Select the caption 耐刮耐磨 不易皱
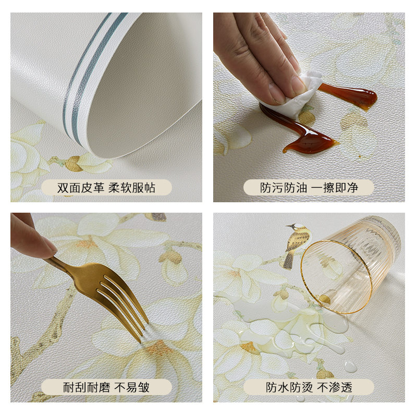pyautogui.click(x=106, y=387)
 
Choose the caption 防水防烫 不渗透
pyautogui.click(x=309, y=387)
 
